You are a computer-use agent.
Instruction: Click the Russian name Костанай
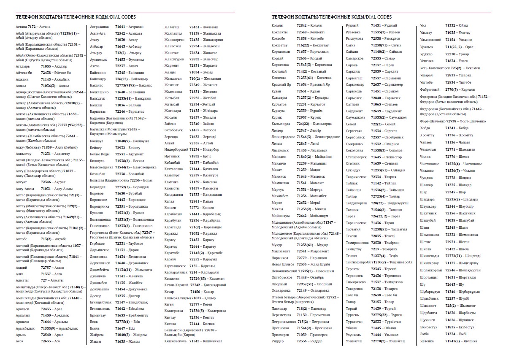279,71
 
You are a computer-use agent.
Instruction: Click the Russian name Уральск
427,47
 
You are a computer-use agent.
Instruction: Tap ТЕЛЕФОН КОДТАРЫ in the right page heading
295,17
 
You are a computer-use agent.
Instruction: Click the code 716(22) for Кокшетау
303,45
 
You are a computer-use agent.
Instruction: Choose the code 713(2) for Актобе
46,238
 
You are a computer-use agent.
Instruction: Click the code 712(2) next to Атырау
122,53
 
